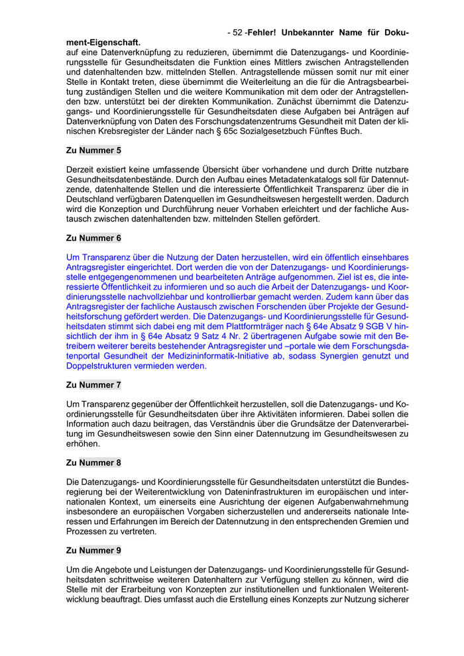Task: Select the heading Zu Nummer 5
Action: [93, 150]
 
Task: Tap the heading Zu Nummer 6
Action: [93, 237]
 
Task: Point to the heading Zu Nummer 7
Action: [93, 384]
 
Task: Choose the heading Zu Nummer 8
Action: [93, 463]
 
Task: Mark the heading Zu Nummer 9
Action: [93, 550]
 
